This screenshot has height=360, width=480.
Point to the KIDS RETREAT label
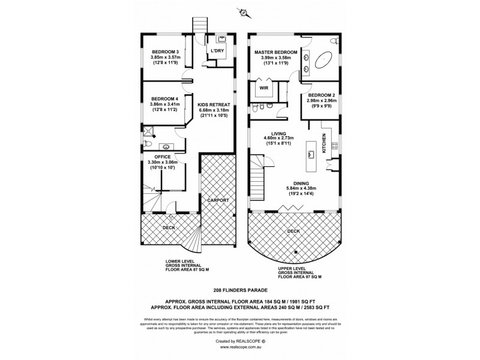[214, 104]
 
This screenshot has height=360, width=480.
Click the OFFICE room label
[162, 157]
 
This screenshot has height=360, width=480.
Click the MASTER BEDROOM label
[273, 52]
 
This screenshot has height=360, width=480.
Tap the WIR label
[263, 88]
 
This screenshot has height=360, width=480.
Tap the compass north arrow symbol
[244, 11]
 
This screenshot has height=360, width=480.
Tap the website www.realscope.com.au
[240, 346]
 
